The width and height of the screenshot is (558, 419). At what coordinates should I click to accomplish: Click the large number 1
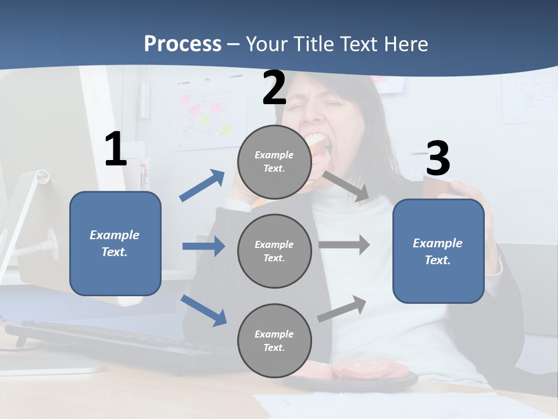tap(116, 150)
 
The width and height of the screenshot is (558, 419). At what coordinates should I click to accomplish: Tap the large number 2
tap(274, 88)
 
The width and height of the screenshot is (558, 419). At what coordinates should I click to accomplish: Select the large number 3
tap(438, 159)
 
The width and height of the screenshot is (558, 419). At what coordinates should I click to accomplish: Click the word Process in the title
tap(183, 44)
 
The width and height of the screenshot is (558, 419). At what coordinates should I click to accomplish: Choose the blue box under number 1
tap(115, 243)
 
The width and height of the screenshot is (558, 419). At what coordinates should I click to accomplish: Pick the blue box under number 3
tap(438, 251)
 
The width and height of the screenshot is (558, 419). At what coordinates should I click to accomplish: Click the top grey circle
tap(274, 162)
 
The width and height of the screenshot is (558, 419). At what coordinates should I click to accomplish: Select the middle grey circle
tap(274, 251)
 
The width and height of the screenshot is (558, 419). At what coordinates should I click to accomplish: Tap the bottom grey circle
tap(274, 340)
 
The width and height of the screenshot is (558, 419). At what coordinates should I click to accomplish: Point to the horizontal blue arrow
tap(203, 246)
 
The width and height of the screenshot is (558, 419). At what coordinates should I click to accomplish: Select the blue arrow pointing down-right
tap(203, 310)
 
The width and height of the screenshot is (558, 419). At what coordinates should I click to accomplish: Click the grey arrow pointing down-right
tap(346, 187)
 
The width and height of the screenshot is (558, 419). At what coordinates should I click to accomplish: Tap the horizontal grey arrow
tap(344, 244)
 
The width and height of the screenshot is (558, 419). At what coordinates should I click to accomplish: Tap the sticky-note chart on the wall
tap(208, 113)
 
